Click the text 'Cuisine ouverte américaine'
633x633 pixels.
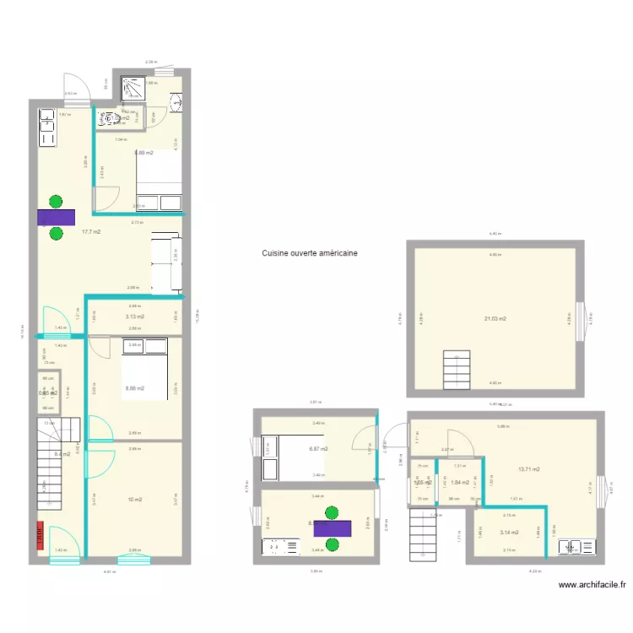[309, 252]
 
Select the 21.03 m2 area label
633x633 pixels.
[495, 319]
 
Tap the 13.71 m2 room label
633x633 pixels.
[529, 469]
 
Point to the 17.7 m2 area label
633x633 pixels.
[91, 231]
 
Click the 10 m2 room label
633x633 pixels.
[134, 500]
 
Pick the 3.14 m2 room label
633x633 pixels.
[509, 533]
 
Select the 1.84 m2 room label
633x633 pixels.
[460, 483]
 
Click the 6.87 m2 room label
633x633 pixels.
[318, 450]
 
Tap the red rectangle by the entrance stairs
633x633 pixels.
[39, 536]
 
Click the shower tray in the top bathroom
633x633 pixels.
[133, 87]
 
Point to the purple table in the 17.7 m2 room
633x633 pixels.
[56, 217]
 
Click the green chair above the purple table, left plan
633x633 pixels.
[56, 201]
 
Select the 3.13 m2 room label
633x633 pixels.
[134, 316]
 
